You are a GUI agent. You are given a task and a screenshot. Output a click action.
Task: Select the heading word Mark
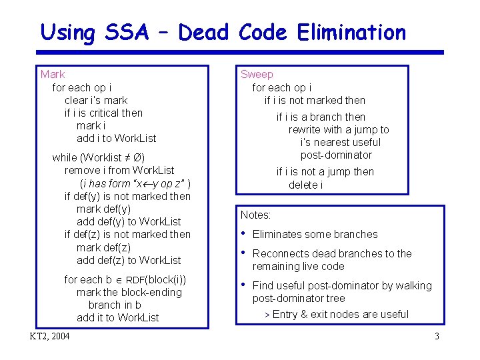[53, 75]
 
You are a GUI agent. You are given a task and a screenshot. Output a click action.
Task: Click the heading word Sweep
[257, 75]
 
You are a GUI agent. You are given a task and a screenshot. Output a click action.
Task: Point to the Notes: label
[255, 215]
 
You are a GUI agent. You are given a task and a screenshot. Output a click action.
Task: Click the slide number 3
[437, 336]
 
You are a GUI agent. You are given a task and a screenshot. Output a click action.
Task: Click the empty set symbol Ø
[136, 158]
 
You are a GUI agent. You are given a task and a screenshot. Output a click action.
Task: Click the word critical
[103, 113]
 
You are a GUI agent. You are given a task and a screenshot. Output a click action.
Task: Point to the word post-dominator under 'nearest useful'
[336, 155]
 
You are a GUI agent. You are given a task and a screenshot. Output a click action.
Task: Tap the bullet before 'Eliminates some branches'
[243, 233]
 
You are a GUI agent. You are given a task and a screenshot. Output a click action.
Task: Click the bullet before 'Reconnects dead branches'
[243, 253]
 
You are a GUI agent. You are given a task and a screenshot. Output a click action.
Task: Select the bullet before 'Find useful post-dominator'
[243, 285]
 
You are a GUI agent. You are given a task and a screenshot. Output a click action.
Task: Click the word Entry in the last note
[285, 315]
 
